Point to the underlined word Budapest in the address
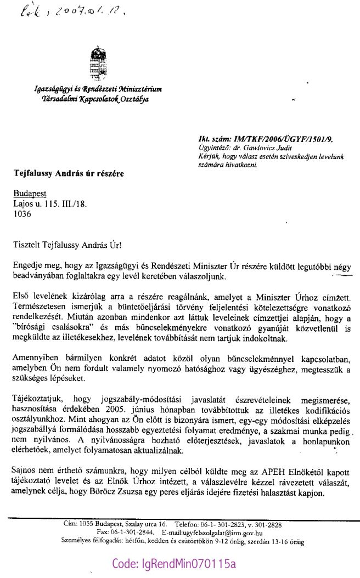click(30, 194)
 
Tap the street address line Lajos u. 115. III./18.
click(50, 204)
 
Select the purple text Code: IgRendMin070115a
click(173, 564)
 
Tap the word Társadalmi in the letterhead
click(55, 99)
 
